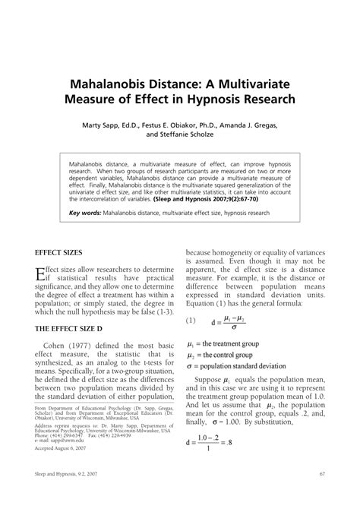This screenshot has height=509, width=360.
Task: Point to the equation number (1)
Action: (x=194, y=321)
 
